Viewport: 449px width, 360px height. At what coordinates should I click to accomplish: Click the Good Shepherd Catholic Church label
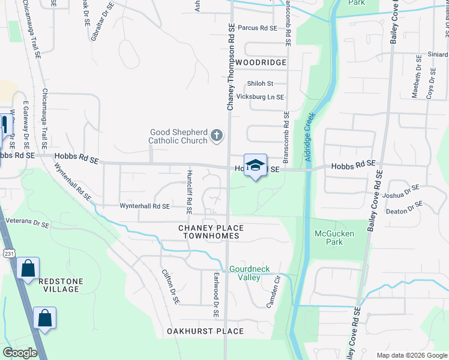[178, 137]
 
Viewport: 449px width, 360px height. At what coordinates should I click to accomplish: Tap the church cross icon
[217, 137]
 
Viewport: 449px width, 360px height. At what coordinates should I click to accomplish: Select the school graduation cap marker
[255, 166]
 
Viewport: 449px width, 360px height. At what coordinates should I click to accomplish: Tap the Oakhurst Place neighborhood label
[205, 331]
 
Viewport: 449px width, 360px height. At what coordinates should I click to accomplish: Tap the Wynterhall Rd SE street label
[144, 206]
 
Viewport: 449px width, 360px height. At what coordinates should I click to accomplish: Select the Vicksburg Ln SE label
[260, 97]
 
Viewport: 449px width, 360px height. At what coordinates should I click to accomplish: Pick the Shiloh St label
[260, 83]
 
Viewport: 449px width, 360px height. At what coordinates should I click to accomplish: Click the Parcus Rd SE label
[257, 28]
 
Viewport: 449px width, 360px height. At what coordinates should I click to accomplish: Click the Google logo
[20, 353]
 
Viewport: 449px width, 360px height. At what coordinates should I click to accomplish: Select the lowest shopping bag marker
[45, 318]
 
